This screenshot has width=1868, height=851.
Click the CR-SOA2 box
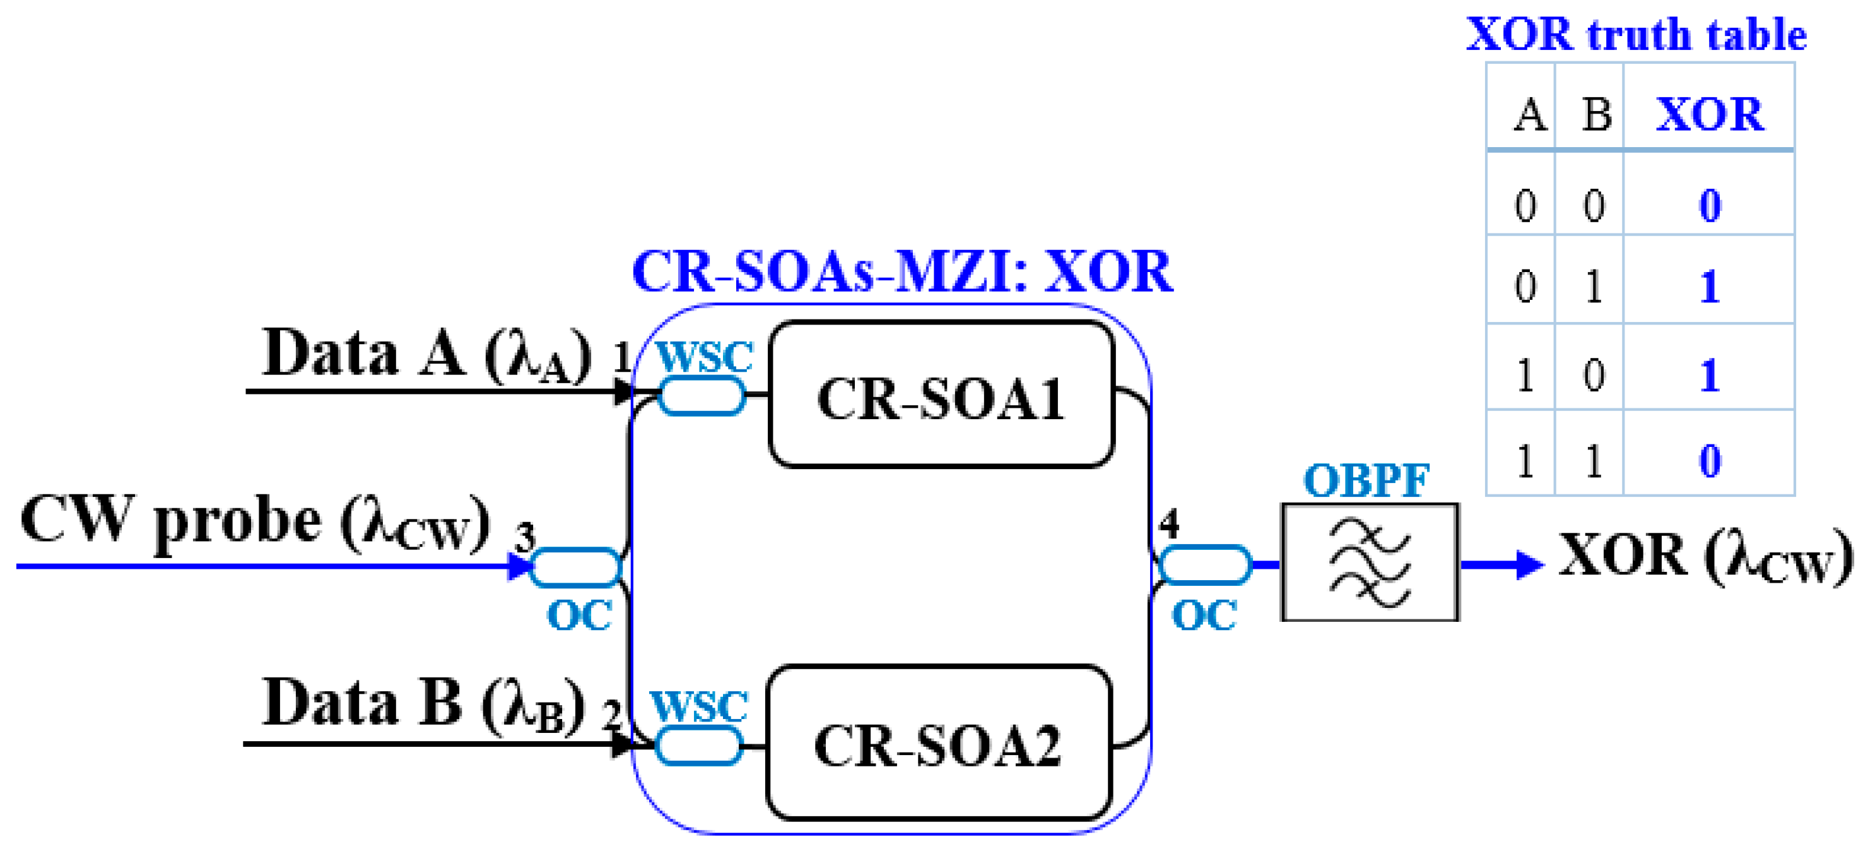(x=937, y=743)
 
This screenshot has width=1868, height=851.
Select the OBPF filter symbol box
(x=1369, y=562)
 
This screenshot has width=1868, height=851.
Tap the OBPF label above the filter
(x=1366, y=480)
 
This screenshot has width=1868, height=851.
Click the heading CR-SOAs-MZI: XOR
(x=902, y=272)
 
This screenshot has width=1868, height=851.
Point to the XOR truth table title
(x=1636, y=34)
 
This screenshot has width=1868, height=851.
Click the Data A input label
(x=426, y=354)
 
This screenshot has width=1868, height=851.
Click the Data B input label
(x=423, y=704)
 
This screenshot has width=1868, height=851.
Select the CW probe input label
(x=256, y=522)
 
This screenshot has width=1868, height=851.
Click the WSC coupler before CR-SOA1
(x=702, y=395)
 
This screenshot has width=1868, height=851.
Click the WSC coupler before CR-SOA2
(x=698, y=745)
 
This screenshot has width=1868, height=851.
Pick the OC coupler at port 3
(x=576, y=567)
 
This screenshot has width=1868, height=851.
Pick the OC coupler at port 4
(x=1204, y=564)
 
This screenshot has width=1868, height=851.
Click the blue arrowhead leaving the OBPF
(x=1529, y=564)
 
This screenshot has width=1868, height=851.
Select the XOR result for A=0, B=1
(x=1709, y=287)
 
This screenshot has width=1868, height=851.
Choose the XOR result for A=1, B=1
(x=1709, y=460)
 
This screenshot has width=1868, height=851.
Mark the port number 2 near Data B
(x=611, y=714)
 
